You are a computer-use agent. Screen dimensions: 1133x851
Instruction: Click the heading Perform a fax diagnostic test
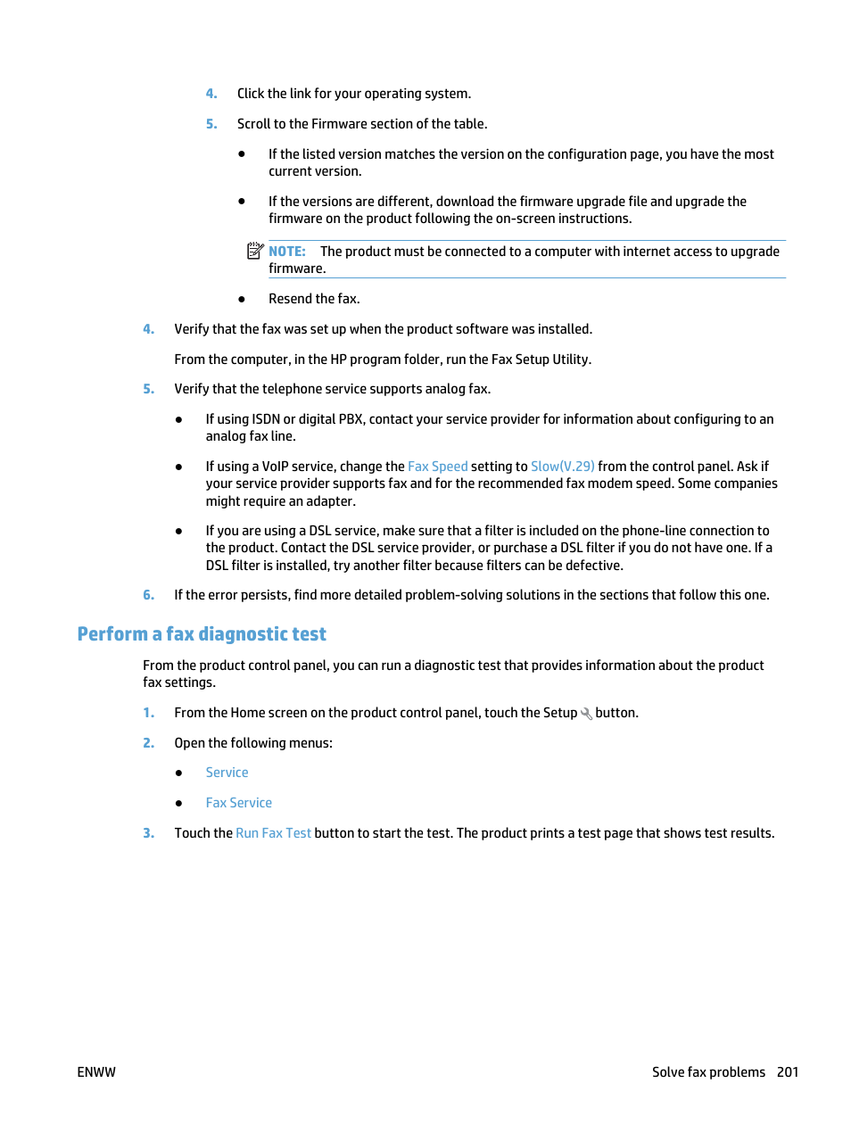point(202,634)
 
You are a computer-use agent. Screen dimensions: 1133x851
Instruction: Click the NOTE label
point(286,252)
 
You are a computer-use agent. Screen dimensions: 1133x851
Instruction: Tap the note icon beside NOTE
point(255,251)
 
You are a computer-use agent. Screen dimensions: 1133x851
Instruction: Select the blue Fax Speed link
point(437,467)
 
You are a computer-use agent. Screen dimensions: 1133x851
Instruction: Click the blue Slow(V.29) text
point(562,467)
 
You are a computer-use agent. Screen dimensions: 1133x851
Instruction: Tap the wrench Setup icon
point(586,714)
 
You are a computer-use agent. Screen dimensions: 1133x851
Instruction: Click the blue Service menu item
point(227,773)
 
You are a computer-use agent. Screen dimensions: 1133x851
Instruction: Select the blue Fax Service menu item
point(238,803)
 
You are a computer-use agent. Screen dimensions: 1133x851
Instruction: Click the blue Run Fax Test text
point(273,833)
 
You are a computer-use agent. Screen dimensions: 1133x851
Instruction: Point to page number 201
point(787,1072)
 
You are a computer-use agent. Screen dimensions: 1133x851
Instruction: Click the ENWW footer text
point(96,1072)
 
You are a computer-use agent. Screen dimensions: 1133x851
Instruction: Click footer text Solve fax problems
point(708,1072)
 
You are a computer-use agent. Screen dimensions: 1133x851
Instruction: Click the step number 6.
point(148,595)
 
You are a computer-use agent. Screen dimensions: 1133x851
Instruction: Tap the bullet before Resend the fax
point(242,299)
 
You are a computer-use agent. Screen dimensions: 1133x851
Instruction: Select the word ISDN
point(266,419)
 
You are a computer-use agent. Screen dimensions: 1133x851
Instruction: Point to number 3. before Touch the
point(148,833)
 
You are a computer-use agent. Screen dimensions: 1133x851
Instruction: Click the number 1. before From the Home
point(148,713)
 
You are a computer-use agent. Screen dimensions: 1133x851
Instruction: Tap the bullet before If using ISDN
point(179,419)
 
